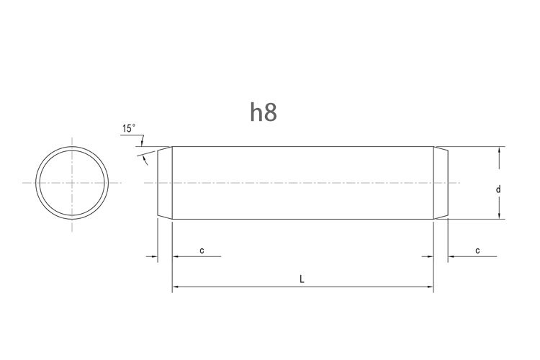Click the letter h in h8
[x=256, y=112]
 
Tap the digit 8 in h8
[x=271, y=112]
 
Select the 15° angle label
[x=129, y=129]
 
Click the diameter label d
[x=498, y=189]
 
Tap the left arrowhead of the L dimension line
[x=176, y=288]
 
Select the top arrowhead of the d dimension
[x=498, y=150]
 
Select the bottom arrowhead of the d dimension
[x=498, y=215]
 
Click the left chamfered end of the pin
[x=165, y=183]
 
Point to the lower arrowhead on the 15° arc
[x=146, y=159]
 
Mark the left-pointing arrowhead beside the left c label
[x=176, y=256]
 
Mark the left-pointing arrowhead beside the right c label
[x=451, y=256]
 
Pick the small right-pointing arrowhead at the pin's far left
[x=153, y=256]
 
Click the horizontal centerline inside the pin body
[x=302, y=183]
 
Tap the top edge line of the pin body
[x=302, y=147]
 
